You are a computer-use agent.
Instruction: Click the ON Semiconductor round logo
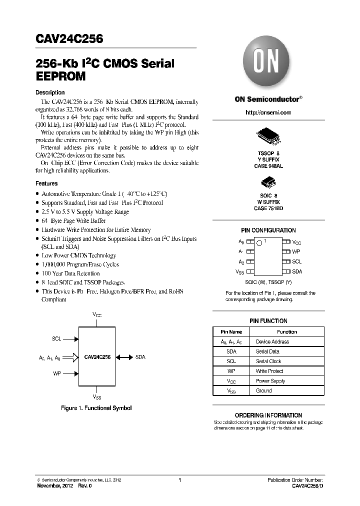click(268, 65)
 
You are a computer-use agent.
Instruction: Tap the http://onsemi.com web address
click(268, 112)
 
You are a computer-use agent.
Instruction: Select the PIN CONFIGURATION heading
click(268, 230)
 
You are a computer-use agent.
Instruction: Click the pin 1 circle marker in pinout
click(259, 243)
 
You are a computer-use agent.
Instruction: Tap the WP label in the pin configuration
click(296, 252)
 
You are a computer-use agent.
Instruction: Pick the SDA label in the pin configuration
click(297, 271)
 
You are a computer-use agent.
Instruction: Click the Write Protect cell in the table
click(269, 371)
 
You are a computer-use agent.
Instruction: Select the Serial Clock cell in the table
click(268, 361)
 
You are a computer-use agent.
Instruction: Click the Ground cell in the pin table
click(264, 390)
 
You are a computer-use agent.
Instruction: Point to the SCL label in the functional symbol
click(56, 338)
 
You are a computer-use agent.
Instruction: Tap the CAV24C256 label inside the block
click(98, 357)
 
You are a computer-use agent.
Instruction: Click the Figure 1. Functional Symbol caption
click(96, 408)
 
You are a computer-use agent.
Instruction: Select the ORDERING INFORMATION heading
click(268, 415)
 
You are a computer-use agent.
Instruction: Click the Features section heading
click(46, 183)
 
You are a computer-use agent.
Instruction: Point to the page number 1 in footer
click(179, 480)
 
